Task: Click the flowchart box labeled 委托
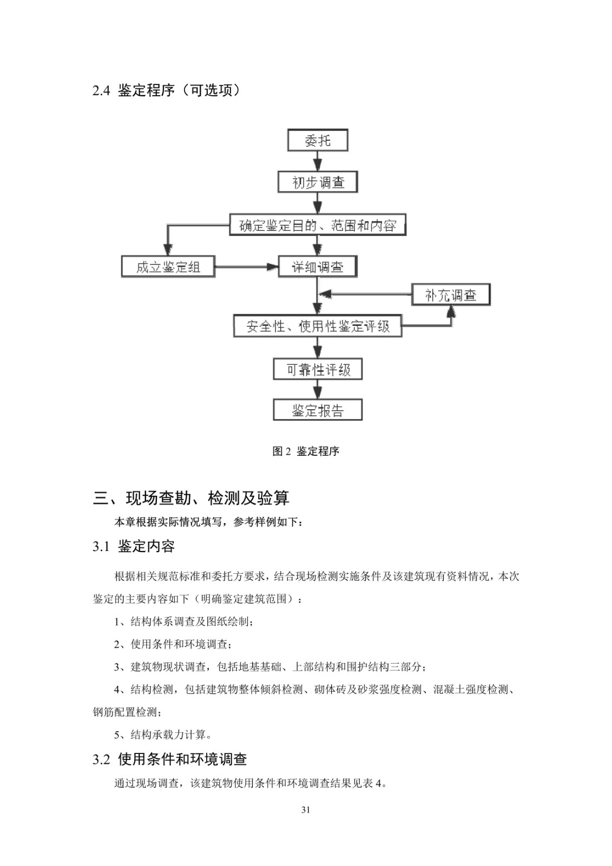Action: click(x=318, y=140)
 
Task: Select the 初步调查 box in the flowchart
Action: click(x=318, y=182)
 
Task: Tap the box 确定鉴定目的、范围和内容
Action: click(x=318, y=225)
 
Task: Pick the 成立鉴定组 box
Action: click(x=168, y=266)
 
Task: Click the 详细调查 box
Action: click(x=318, y=266)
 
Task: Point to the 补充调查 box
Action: click(x=451, y=295)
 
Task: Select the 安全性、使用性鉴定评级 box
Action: click(x=318, y=326)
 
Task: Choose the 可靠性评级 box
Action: click(x=318, y=369)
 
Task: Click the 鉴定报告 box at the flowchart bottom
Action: click(x=318, y=410)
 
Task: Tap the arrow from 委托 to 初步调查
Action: click(x=318, y=161)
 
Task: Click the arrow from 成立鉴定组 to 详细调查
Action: click(x=247, y=266)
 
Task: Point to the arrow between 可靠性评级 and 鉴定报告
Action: click(x=318, y=389)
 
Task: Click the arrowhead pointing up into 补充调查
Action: click(x=451, y=311)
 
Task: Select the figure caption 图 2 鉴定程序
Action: click(x=306, y=451)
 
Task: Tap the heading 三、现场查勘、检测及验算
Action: click(x=191, y=498)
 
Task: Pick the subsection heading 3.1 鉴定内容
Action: click(x=134, y=546)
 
